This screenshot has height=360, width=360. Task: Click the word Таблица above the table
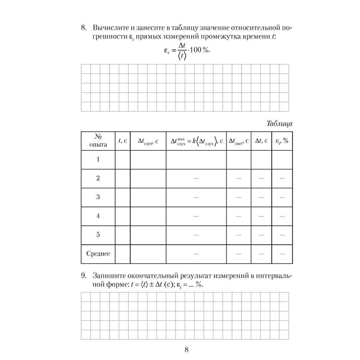(279, 123)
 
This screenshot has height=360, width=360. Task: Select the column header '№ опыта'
(98, 141)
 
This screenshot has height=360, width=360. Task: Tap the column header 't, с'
(122, 141)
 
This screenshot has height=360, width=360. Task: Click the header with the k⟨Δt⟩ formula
(196, 141)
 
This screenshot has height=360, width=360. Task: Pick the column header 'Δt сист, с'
(239, 141)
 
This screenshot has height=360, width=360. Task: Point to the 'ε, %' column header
(282, 141)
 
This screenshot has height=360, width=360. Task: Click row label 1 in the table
(98, 159)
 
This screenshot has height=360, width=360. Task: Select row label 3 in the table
(98, 197)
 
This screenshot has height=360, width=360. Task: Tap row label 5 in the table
(98, 235)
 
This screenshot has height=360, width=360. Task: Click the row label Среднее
(98, 253)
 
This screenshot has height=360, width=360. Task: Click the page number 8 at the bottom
(186, 349)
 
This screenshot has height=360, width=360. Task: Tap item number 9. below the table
(84, 276)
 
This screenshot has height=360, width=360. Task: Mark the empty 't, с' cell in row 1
(122, 159)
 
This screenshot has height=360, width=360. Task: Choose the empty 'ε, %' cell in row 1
(282, 159)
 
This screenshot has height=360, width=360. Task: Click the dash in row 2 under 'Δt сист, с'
(239, 179)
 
